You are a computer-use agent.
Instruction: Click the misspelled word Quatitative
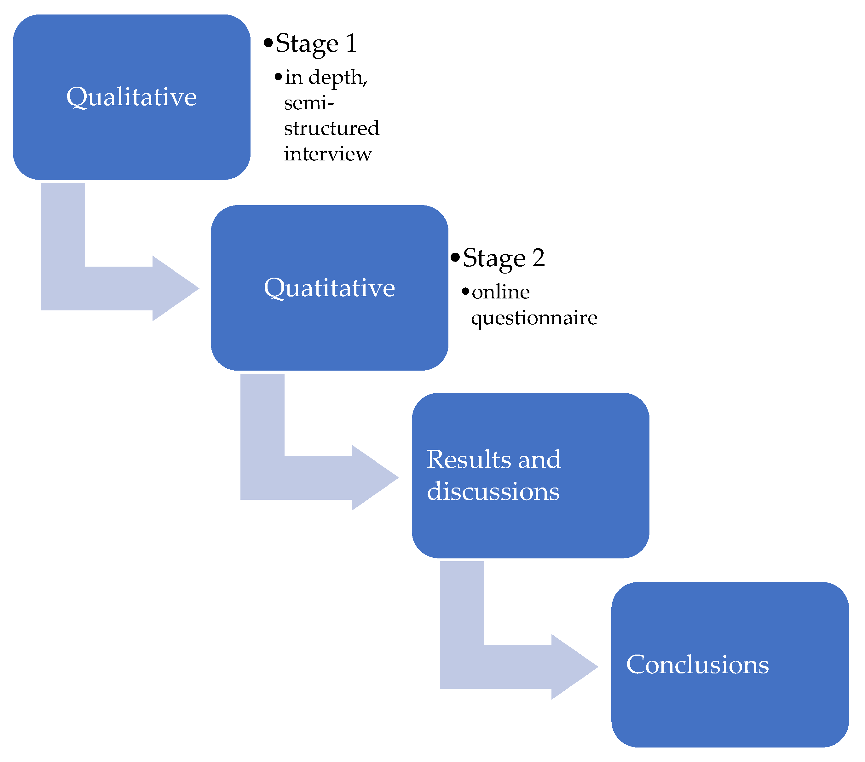click(x=329, y=288)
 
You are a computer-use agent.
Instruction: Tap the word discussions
click(x=493, y=491)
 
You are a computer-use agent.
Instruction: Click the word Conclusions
click(x=697, y=664)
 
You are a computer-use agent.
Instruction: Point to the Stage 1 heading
click(x=316, y=43)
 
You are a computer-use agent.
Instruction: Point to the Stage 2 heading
click(x=504, y=258)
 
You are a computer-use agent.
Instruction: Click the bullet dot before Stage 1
click(x=268, y=43)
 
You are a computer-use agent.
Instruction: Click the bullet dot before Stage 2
click(x=455, y=257)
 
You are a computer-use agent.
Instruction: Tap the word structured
click(x=332, y=128)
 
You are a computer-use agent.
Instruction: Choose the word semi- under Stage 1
click(x=309, y=103)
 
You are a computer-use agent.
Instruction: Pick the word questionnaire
click(x=534, y=318)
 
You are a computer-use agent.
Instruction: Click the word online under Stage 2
click(x=501, y=292)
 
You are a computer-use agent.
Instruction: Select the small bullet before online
click(x=465, y=292)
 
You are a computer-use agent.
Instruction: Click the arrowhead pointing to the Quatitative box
click(x=178, y=289)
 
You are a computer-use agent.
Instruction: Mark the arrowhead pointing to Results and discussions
click(x=377, y=478)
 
